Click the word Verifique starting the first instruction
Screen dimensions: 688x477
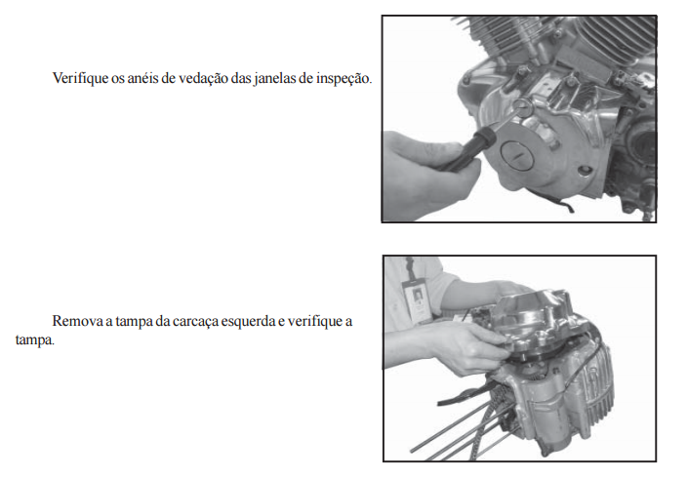coord(80,78)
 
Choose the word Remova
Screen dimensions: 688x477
coord(77,321)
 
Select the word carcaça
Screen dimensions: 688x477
coord(195,322)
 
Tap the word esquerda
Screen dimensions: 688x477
coord(248,322)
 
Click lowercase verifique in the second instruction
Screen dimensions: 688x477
coord(315,321)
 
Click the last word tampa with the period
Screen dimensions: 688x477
coord(35,340)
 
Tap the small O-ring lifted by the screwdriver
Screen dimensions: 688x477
coord(522,106)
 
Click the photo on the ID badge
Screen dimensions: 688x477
coord(418,297)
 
